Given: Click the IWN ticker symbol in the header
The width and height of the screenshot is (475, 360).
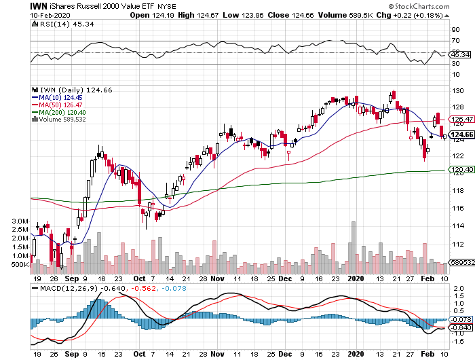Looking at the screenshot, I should pyautogui.click(x=38, y=5).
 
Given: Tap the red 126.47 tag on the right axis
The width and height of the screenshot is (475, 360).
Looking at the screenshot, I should pyautogui.click(x=459, y=118).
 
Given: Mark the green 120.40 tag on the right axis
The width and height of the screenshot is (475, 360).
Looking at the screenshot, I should pyautogui.click(x=459, y=170).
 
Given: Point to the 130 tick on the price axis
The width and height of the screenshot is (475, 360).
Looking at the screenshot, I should pyautogui.click(x=457, y=90).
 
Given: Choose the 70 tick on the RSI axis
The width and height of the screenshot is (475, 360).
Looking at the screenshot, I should pyautogui.click(x=456, y=41).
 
